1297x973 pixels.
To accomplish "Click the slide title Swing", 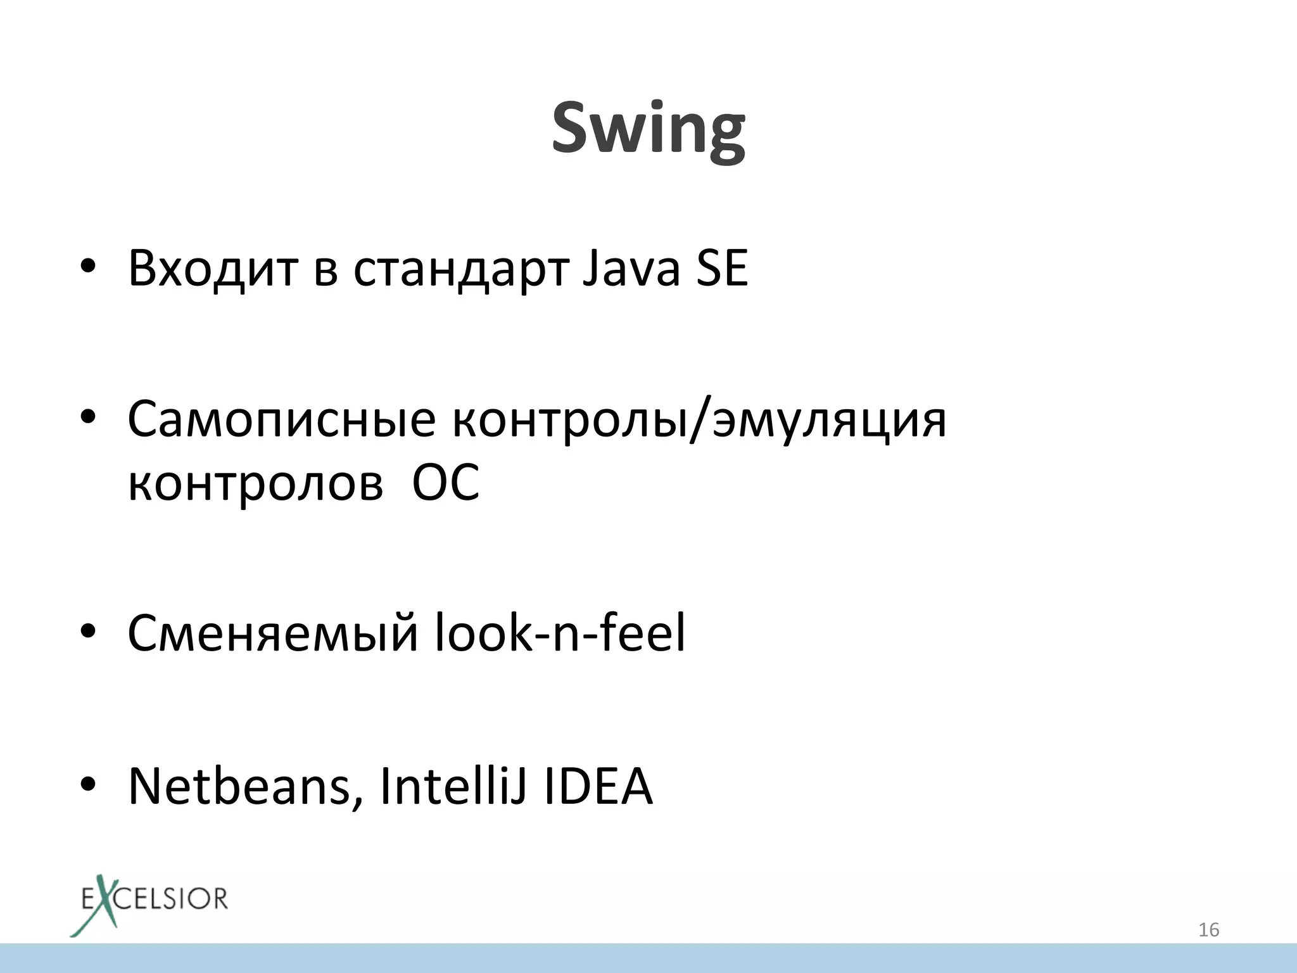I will (648, 130).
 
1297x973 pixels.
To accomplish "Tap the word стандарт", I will (461, 269).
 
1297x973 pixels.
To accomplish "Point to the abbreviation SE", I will (721, 269).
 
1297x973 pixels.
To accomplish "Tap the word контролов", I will (255, 483).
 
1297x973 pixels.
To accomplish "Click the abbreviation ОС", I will (446, 483).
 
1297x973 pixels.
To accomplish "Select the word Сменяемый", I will (272, 633).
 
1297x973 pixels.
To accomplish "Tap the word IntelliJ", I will (453, 786).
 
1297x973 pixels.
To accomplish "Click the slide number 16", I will (1208, 930).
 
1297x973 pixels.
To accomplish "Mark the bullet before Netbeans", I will (88, 786).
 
